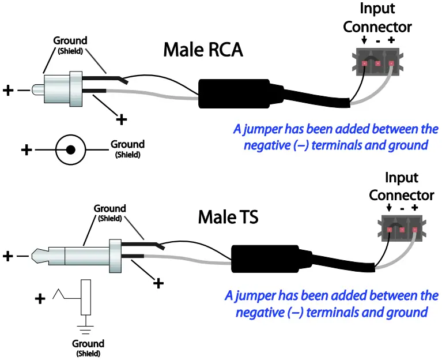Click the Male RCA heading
[203, 50]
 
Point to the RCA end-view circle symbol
[70, 151]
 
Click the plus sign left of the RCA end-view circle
[26, 151]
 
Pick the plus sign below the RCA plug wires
[121, 119]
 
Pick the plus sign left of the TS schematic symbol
[40, 299]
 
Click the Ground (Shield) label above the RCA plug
[70, 44]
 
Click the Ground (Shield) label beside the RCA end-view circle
[127, 148]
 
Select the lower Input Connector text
[401, 186]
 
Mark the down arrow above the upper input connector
[364, 40]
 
